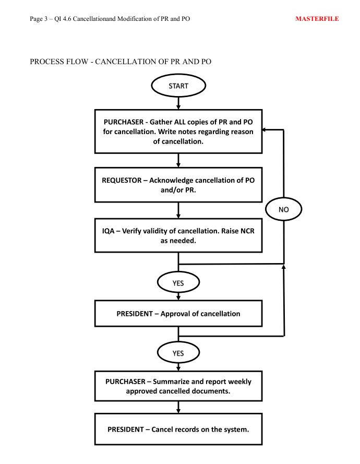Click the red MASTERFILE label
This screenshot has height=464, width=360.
tap(317, 19)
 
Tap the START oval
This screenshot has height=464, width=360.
tap(178, 86)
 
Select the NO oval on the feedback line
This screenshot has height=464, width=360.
tap(283, 209)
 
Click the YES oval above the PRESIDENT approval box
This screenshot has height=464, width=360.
tap(178, 283)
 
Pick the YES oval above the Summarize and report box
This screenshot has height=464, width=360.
tap(178, 353)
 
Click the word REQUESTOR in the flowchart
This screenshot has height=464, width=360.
tap(122, 180)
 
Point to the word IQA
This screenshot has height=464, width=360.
tap(109, 231)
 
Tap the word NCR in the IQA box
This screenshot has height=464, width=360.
tap(247, 231)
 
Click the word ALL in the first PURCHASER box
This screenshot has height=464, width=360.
tap(180, 122)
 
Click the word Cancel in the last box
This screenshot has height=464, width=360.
tap(162, 430)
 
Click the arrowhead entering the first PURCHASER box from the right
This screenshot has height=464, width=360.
tap(263, 129)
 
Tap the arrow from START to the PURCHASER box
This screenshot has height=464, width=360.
tap(178, 103)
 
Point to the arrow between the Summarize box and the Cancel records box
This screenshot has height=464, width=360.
tap(178, 407)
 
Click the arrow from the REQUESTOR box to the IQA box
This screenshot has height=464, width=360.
tap(178, 210)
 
